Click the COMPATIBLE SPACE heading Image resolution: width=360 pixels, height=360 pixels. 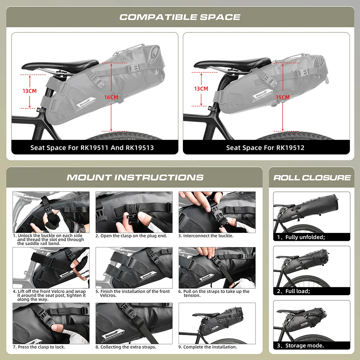[x=180, y=17]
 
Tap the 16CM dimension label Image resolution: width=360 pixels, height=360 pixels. [x=111, y=97]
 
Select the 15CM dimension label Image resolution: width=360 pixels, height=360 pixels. [x=283, y=97]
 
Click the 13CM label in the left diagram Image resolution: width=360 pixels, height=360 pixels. [x=30, y=91]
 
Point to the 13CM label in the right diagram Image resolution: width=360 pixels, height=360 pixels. [x=201, y=89]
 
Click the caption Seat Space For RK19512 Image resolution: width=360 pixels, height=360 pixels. [x=265, y=148]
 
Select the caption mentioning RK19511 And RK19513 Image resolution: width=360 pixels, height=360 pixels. [x=92, y=148]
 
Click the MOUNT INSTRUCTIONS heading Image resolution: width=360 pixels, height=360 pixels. [x=135, y=177]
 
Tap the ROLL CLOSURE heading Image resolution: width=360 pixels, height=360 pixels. [x=312, y=177]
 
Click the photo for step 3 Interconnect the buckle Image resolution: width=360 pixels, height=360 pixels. [x=217, y=212]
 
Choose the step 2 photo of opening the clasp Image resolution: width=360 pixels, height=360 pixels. [x=134, y=212]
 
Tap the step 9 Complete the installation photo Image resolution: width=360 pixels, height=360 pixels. [x=217, y=323]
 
